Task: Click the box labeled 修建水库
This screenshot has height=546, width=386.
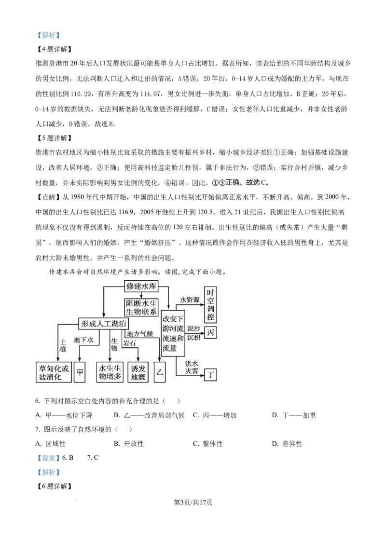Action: click(141, 286)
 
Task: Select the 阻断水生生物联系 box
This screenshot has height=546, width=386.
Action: click(141, 307)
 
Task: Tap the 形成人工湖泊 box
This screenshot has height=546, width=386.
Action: click(104, 324)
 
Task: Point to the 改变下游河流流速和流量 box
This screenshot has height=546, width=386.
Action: click(173, 333)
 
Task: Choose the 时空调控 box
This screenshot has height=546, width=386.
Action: click(210, 304)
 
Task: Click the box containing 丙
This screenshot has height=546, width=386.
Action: click(210, 332)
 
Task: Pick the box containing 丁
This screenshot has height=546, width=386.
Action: click(210, 375)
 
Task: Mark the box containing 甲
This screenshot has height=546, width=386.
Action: click(80, 372)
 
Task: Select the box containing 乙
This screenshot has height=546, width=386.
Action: click(160, 372)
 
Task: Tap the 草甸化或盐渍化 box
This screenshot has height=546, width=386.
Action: click(54, 372)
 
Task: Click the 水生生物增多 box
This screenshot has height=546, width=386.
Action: click(110, 372)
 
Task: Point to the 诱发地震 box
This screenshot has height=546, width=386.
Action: click(138, 372)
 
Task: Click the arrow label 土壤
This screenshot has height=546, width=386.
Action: click(63, 345)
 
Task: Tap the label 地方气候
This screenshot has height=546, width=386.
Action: click(139, 334)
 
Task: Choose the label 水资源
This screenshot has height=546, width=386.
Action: click(190, 300)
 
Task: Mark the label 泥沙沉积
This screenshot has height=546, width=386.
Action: click(193, 332)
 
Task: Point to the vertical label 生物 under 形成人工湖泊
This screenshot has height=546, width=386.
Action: click(114, 344)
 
